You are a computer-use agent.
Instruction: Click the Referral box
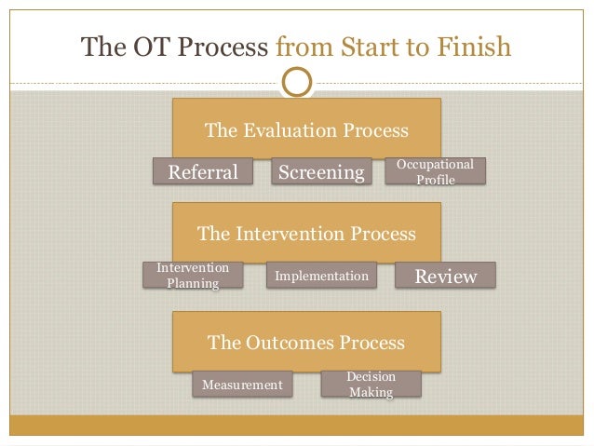point(202,171)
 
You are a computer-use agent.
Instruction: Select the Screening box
point(321,171)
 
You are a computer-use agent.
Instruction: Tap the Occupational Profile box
point(435,171)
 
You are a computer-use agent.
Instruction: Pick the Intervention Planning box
point(193,276)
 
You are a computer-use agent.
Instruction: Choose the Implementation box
point(322,276)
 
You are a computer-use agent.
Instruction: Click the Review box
point(445,276)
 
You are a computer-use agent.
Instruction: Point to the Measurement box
point(242,384)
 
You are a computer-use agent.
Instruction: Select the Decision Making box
point(371,384)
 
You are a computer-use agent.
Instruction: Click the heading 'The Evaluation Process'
point(306,130)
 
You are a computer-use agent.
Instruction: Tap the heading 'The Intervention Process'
point(306,232)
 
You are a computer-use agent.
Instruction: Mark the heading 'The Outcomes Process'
point(306,342)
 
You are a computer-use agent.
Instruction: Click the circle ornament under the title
point(297,82)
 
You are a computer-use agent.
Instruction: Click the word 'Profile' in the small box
point(435,180)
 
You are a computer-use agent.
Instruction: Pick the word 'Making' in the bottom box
point(371,392)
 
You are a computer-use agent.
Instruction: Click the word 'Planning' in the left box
point(193,283)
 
